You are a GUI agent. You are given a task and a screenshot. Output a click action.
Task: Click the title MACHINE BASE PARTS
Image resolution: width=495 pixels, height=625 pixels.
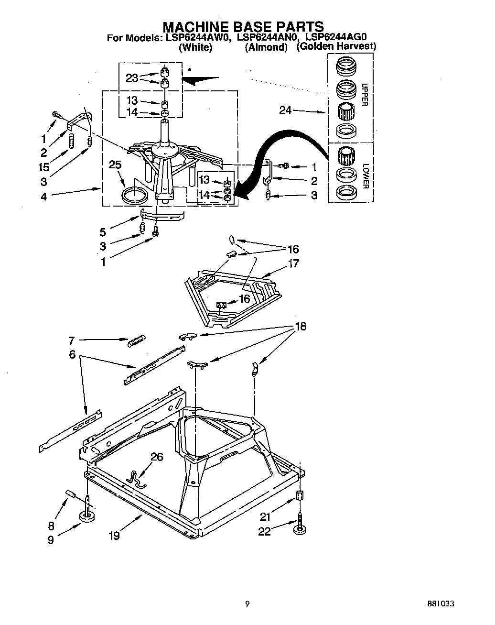244,26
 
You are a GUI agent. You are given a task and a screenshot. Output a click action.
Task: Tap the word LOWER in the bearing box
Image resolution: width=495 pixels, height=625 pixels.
366,176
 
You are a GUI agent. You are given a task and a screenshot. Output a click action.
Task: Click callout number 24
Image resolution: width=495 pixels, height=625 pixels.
286,111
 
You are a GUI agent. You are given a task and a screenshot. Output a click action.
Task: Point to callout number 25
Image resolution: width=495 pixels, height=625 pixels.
115,165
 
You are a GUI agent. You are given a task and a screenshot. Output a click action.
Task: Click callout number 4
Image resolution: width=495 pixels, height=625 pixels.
44,196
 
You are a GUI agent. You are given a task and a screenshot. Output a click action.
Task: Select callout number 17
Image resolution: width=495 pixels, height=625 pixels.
293,263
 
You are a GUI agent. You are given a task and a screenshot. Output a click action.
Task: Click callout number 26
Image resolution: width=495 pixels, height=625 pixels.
157,457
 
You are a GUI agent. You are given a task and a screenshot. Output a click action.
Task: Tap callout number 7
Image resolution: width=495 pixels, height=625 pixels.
71,340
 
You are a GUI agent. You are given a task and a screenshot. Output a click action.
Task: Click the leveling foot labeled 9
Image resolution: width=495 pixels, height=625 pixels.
87,517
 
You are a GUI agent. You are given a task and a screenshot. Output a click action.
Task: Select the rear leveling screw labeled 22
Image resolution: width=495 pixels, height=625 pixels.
301,526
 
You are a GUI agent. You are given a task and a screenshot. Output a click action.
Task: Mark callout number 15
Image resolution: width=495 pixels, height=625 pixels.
44,167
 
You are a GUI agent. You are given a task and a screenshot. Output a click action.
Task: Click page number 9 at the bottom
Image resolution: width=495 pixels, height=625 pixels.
247,604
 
